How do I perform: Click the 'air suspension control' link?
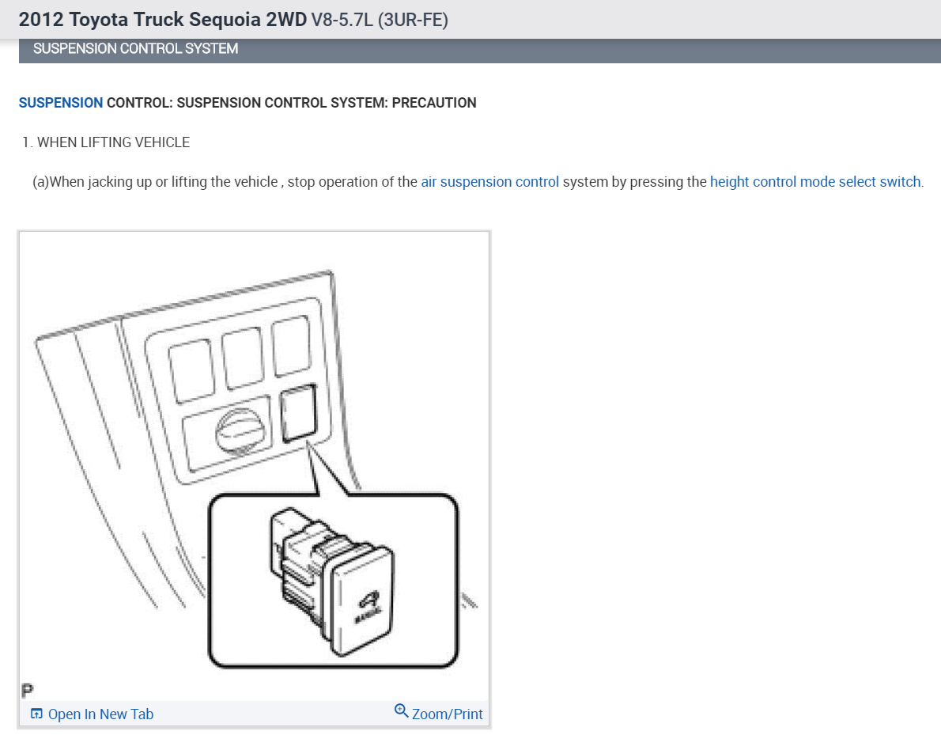coord(489,182)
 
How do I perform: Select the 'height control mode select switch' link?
coord(815,182)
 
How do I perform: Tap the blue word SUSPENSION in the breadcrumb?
coord(61,103)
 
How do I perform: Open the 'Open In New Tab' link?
coord(100,714)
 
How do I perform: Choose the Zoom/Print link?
coord(447,714)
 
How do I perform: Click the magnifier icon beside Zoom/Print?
coord(401,711)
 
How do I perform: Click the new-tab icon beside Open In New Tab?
coord(36,714)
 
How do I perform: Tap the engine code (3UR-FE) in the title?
coord(414,21)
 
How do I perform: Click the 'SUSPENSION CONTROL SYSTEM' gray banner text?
coord(135,49)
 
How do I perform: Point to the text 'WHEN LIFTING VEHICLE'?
coord(113,142)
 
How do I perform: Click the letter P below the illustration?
coord(27,689)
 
